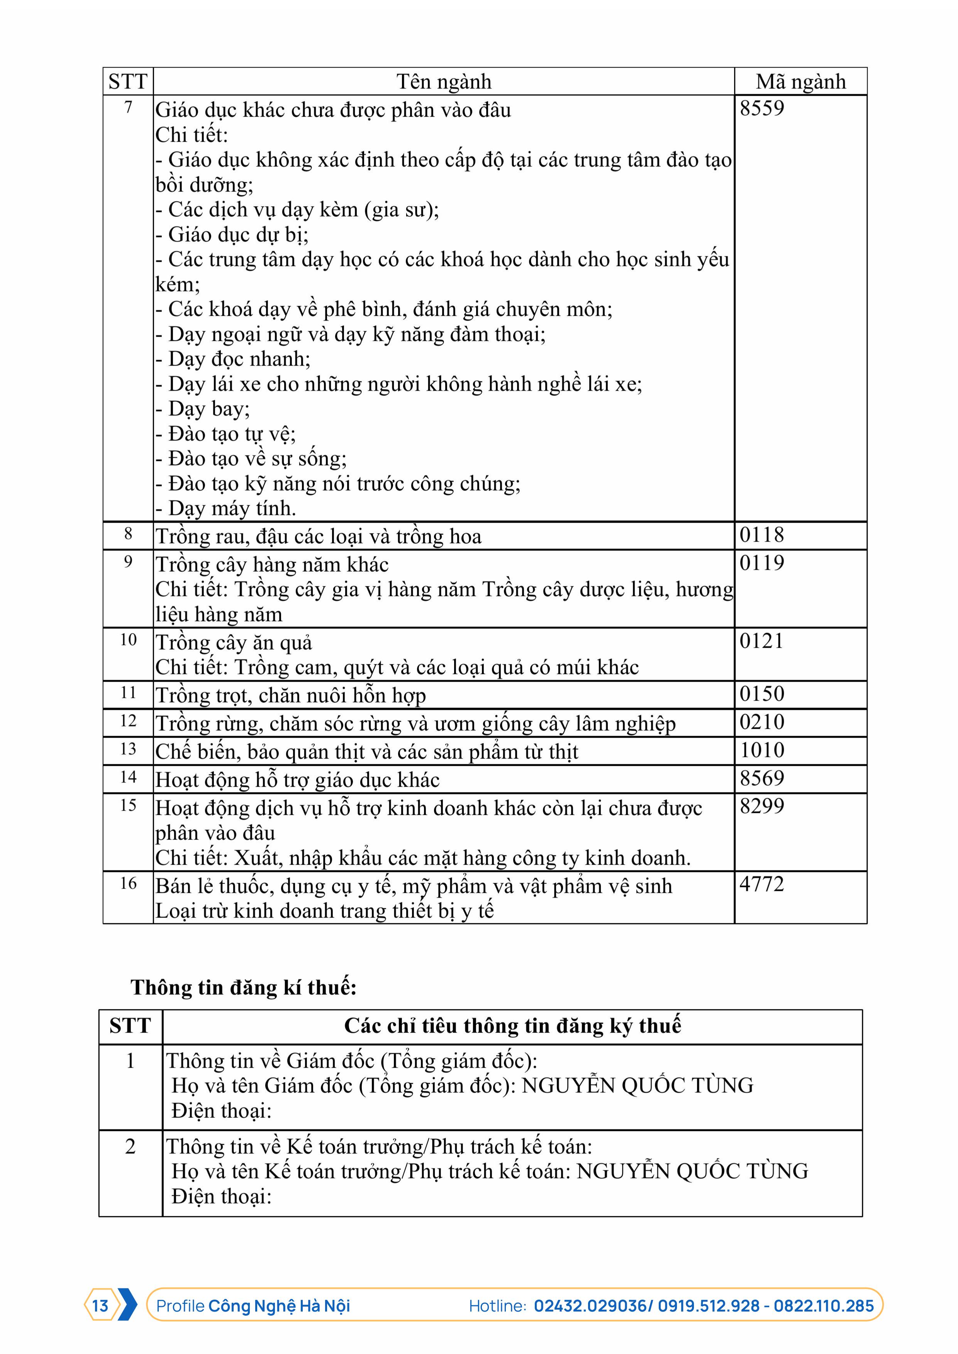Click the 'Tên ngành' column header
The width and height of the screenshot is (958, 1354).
444,81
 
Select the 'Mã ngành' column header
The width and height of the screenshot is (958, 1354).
800,81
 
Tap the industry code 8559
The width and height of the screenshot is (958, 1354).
761,108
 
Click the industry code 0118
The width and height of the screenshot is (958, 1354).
761,535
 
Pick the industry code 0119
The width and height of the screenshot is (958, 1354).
761,563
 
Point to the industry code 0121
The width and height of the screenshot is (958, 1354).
761,641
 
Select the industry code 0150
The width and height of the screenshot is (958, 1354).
761,694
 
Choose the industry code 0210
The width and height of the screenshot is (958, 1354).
761,722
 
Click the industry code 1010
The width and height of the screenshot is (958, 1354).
761,750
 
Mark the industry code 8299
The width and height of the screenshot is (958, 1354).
761,806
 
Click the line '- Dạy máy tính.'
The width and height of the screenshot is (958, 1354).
226,508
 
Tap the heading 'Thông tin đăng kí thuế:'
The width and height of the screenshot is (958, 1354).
244,987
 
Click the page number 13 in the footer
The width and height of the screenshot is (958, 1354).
100,1306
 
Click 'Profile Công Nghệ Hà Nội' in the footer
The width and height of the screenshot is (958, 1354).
253,1306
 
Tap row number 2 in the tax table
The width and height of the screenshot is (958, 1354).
131,1146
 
